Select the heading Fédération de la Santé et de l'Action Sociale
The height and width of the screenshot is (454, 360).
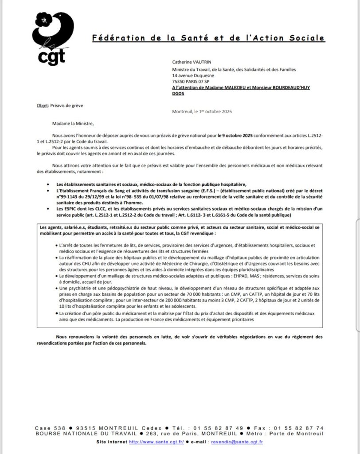208,39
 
